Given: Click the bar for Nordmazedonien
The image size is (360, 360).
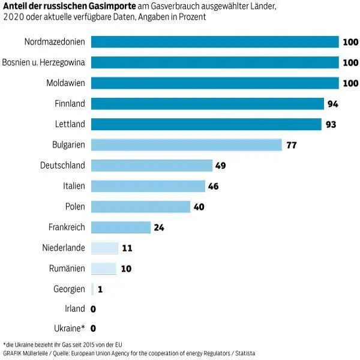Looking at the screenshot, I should point(215,41).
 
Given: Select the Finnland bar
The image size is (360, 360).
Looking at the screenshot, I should point(208,103).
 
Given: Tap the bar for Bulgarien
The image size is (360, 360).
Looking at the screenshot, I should point(186,145).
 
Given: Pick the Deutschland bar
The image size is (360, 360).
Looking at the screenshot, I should point(151,166).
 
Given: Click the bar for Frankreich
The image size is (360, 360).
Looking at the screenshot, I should point(120,227).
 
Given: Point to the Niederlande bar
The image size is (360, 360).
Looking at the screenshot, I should point(104,248).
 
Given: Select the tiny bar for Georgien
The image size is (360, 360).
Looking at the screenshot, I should point(92,289).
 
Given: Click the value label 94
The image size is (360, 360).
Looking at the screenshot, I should point(333,104).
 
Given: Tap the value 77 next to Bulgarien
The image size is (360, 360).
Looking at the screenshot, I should point(292,145).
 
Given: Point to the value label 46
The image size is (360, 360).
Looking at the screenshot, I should point(213,187).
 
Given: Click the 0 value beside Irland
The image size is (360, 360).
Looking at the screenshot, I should point(93,310).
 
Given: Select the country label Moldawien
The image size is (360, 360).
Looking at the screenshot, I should point(63,83).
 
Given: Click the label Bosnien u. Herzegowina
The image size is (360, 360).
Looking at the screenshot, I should point(44,62).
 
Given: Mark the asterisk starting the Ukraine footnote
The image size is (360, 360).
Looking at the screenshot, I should point(5,344).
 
